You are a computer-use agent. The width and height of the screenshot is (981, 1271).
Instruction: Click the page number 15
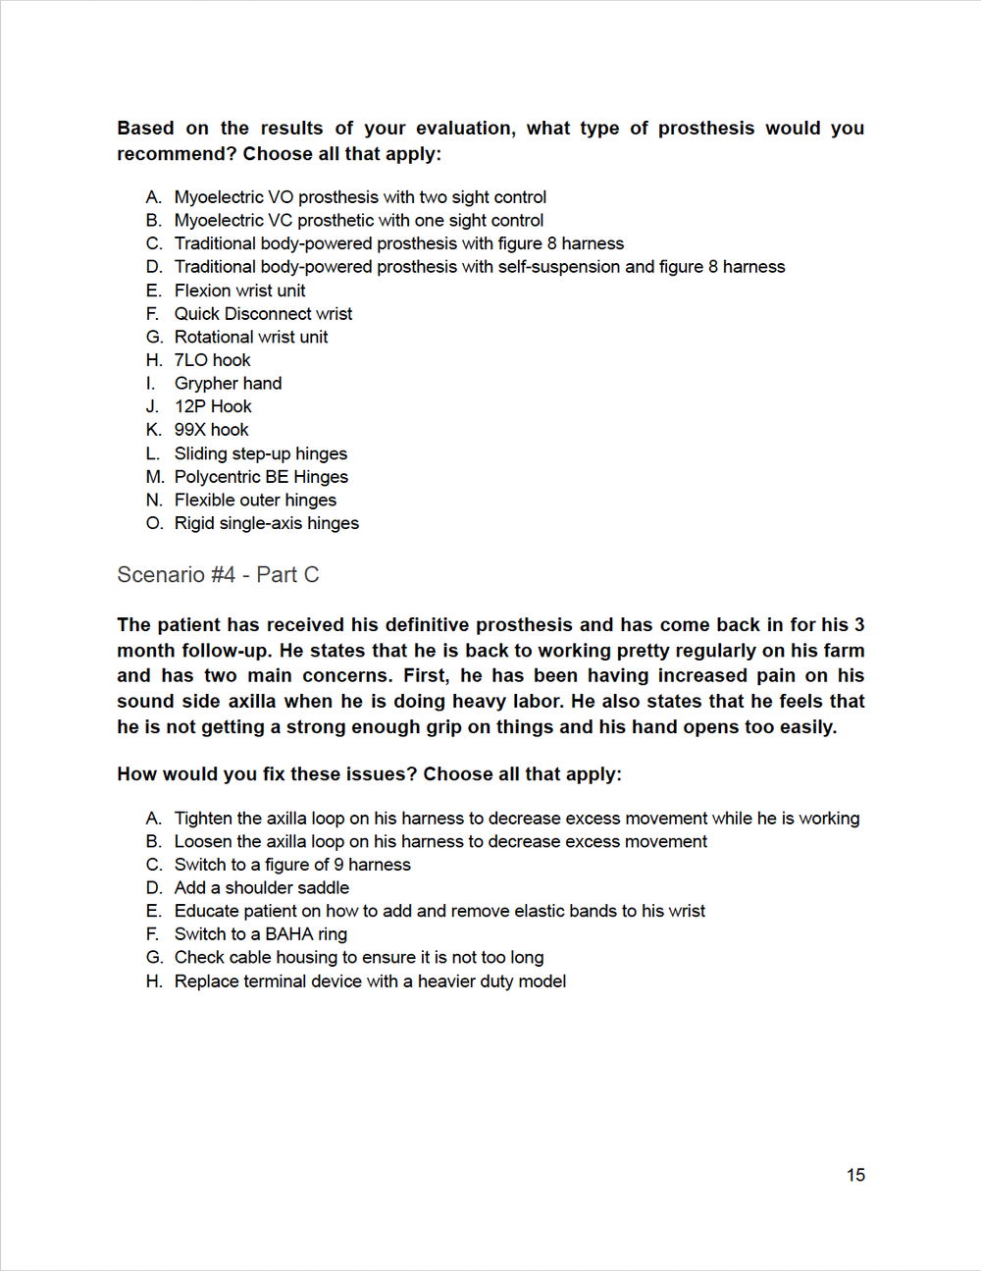point(855,1175)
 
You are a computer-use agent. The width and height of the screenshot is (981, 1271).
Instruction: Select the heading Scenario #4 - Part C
point(218,575)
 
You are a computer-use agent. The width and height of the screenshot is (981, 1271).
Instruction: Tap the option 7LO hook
point(212,360)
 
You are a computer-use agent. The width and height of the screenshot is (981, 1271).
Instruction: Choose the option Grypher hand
point(228,384)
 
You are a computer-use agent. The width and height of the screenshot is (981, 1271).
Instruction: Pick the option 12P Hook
point(213,406)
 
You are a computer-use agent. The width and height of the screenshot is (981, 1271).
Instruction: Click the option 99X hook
point(211,430)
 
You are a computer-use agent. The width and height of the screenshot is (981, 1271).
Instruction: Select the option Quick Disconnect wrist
point(263,314)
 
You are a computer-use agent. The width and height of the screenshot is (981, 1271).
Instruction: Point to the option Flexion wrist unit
point(239,291)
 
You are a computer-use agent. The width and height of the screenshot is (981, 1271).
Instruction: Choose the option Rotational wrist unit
point(251,337)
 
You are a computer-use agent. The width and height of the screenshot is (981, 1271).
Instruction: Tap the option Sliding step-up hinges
point(260,453)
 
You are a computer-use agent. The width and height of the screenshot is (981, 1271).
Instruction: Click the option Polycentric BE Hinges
point(261,477)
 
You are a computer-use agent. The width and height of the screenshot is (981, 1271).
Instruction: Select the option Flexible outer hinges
point(255,500)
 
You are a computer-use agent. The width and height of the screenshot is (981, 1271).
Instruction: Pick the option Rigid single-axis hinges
point(266,523)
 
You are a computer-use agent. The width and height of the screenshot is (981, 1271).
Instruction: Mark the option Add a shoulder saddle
point(261,888)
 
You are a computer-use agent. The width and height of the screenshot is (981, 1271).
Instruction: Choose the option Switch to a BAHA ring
point(260,934)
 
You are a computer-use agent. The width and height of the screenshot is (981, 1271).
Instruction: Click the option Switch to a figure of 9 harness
point(292,865)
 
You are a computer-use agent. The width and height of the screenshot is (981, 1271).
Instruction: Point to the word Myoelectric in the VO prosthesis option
point(219,197)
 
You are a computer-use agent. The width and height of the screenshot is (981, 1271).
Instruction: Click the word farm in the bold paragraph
point(845,651)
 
